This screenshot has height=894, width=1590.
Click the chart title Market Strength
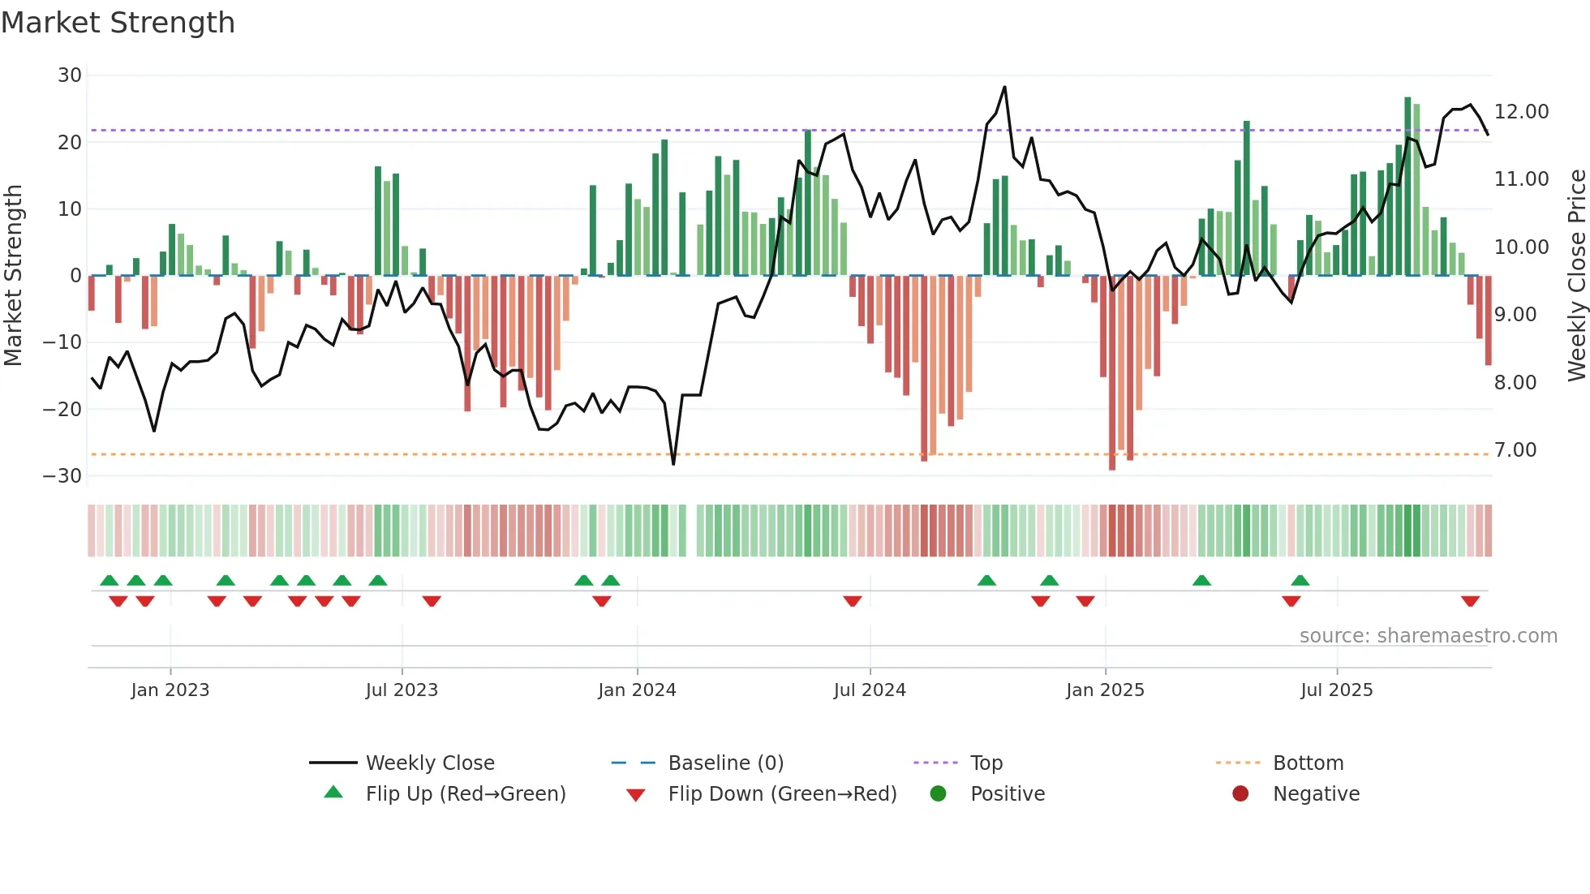pos(118,23)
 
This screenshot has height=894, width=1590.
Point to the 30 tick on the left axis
pos(70,75)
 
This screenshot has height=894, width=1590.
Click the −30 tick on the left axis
pos(62,476)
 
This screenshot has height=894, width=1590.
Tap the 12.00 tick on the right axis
pos(1521,112)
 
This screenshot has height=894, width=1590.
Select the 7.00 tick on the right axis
pos(1515,450)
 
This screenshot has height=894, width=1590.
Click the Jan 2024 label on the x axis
pos(637,690)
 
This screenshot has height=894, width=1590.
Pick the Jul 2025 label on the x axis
pos(1336,690)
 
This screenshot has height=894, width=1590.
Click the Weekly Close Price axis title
pos(1576,276)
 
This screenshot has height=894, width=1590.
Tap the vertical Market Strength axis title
pos(13,276)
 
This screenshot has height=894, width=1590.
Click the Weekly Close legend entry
pos(429,763)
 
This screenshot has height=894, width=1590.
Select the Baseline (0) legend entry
pos(725,763)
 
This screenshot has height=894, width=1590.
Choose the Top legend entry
pos(986,763)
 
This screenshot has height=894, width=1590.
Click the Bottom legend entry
pos(1308,763)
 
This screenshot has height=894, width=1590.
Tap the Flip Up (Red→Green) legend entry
pos(465,794)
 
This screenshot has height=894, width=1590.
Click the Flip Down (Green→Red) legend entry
pos(782,794)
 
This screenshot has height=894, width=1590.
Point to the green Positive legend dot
pos(938,794)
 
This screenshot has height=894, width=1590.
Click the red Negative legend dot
pos(1240,794)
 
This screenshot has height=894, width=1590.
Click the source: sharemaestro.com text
pos(1428,636)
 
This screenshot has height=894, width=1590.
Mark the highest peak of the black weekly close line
pos(1004,87)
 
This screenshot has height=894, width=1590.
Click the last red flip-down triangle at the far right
pos(1470,601)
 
